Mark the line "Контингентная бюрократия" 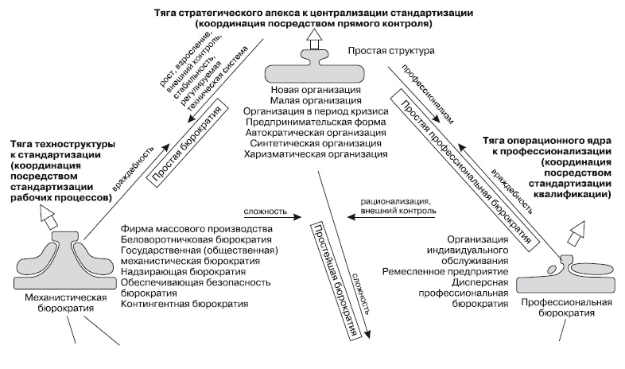[184, 304]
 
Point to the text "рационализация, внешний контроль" [395, 208]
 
